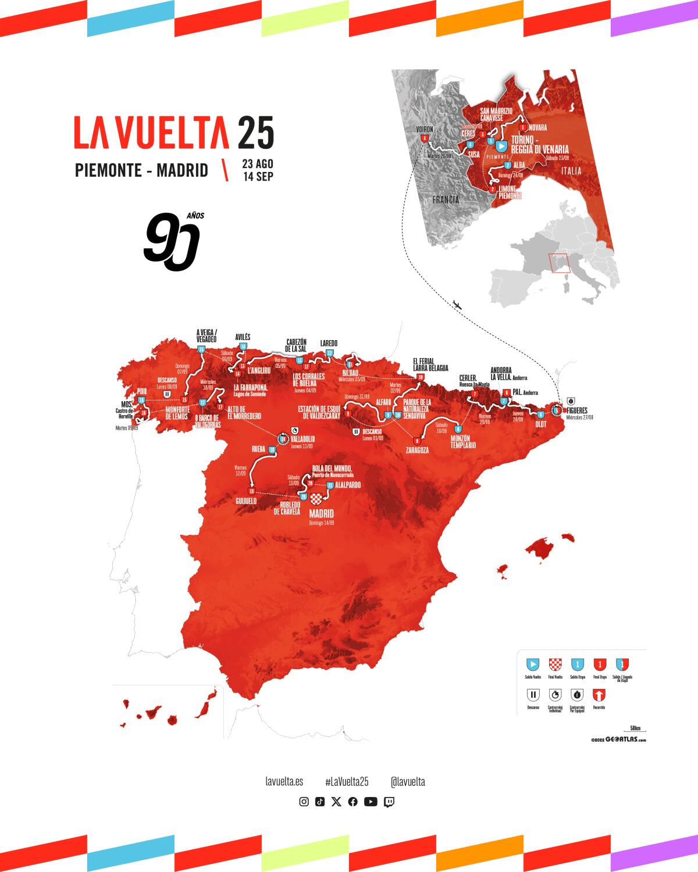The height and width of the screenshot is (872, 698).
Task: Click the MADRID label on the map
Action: (x=322, y=514)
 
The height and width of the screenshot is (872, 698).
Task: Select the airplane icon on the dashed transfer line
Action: (x=457, y=305)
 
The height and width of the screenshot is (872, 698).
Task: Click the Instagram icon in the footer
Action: (x=304, y=802)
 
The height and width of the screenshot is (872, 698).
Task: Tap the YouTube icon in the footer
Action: (x=371, y=802)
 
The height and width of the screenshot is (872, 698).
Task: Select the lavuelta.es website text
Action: (x=283, y=782)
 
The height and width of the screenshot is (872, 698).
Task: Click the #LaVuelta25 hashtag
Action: (x=347, y=782)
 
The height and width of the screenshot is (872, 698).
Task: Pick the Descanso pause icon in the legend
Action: (x=533, y=695)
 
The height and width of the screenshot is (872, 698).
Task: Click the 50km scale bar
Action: (x=635, y=729)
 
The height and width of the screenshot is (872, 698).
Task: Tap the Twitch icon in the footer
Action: (x=389, y=802)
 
